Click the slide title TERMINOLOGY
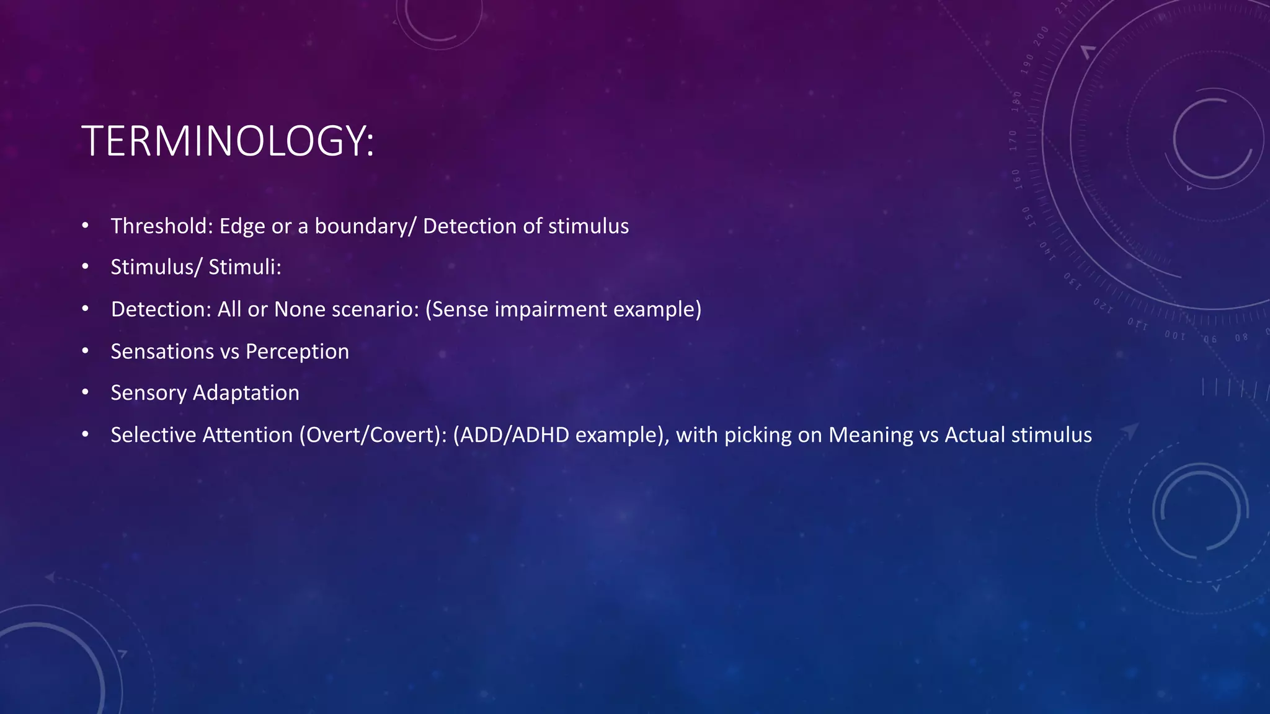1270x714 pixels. click(228, 141)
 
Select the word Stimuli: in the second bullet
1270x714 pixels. click(245, 267)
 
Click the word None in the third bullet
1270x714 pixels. click(300, 309)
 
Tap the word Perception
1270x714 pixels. click(297, 351)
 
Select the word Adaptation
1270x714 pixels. click(246, 393)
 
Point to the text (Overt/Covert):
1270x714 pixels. click(373, 435)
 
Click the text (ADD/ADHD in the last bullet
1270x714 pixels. click(511, 435)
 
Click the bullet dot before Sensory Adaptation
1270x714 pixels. click(85, 393)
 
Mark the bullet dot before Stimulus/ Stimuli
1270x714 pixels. click(85, 267)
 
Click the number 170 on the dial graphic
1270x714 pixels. click(1013, 141)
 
